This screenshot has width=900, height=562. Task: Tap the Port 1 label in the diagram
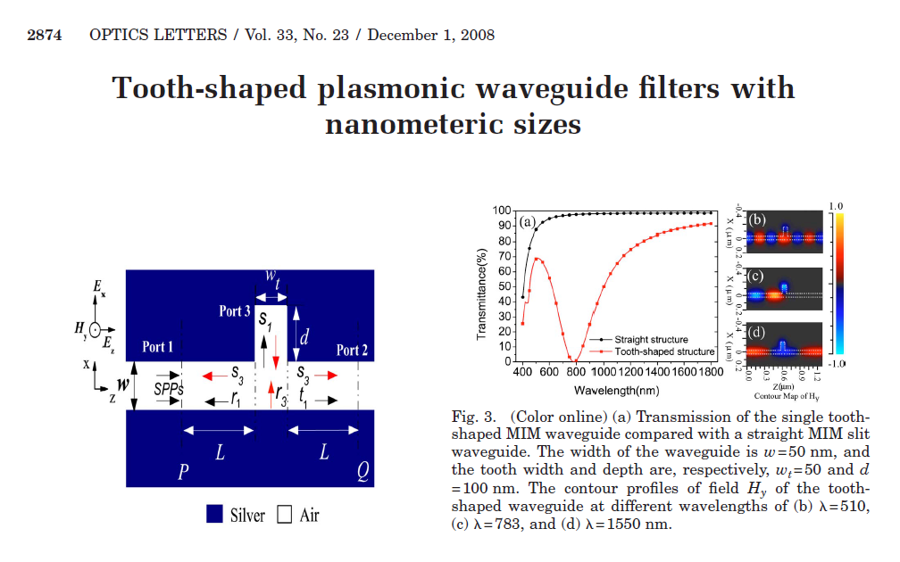158,347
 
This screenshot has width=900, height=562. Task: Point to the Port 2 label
353,351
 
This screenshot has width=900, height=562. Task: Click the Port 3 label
236,311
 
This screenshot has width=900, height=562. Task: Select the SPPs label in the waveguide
169,389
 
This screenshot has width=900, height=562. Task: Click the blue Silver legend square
214,515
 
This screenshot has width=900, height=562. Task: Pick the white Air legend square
285,515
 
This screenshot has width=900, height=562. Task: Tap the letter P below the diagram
183,473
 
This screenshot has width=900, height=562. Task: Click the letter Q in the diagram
362,473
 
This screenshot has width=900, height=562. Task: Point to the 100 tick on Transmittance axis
502,211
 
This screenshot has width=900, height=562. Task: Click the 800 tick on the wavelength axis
576,371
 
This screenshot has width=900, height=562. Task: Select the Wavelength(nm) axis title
617,391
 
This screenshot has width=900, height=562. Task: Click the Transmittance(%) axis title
482,285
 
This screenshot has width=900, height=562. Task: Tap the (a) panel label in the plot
528,223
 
